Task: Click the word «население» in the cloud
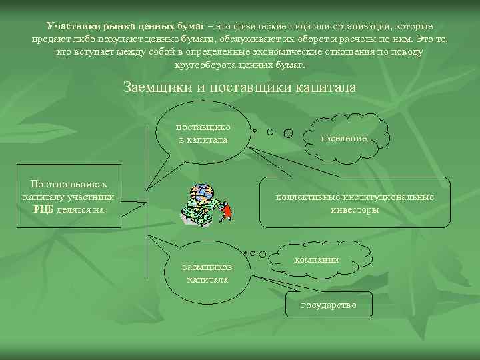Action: pos(343,139)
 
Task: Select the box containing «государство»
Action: pos(329,305)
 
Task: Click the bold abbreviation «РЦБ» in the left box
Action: pos(46,209)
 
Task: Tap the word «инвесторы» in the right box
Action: pos(355,209)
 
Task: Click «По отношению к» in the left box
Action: pos(67,184)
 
